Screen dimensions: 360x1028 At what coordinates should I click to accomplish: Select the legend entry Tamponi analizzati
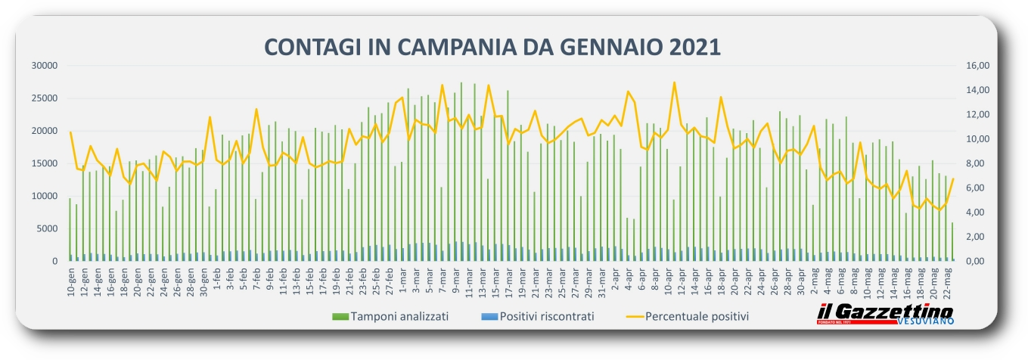(399, 316)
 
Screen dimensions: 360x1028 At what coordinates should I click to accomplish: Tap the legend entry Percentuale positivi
(697, 316)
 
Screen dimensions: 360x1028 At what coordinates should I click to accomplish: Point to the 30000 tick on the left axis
(45, 66)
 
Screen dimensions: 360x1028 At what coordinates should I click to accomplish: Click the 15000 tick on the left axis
(45, 163)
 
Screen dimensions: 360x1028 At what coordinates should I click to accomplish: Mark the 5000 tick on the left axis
(47, 228)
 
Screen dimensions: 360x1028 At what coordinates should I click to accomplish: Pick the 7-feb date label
(256, 280)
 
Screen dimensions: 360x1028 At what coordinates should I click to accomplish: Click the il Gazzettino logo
(885, 312)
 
